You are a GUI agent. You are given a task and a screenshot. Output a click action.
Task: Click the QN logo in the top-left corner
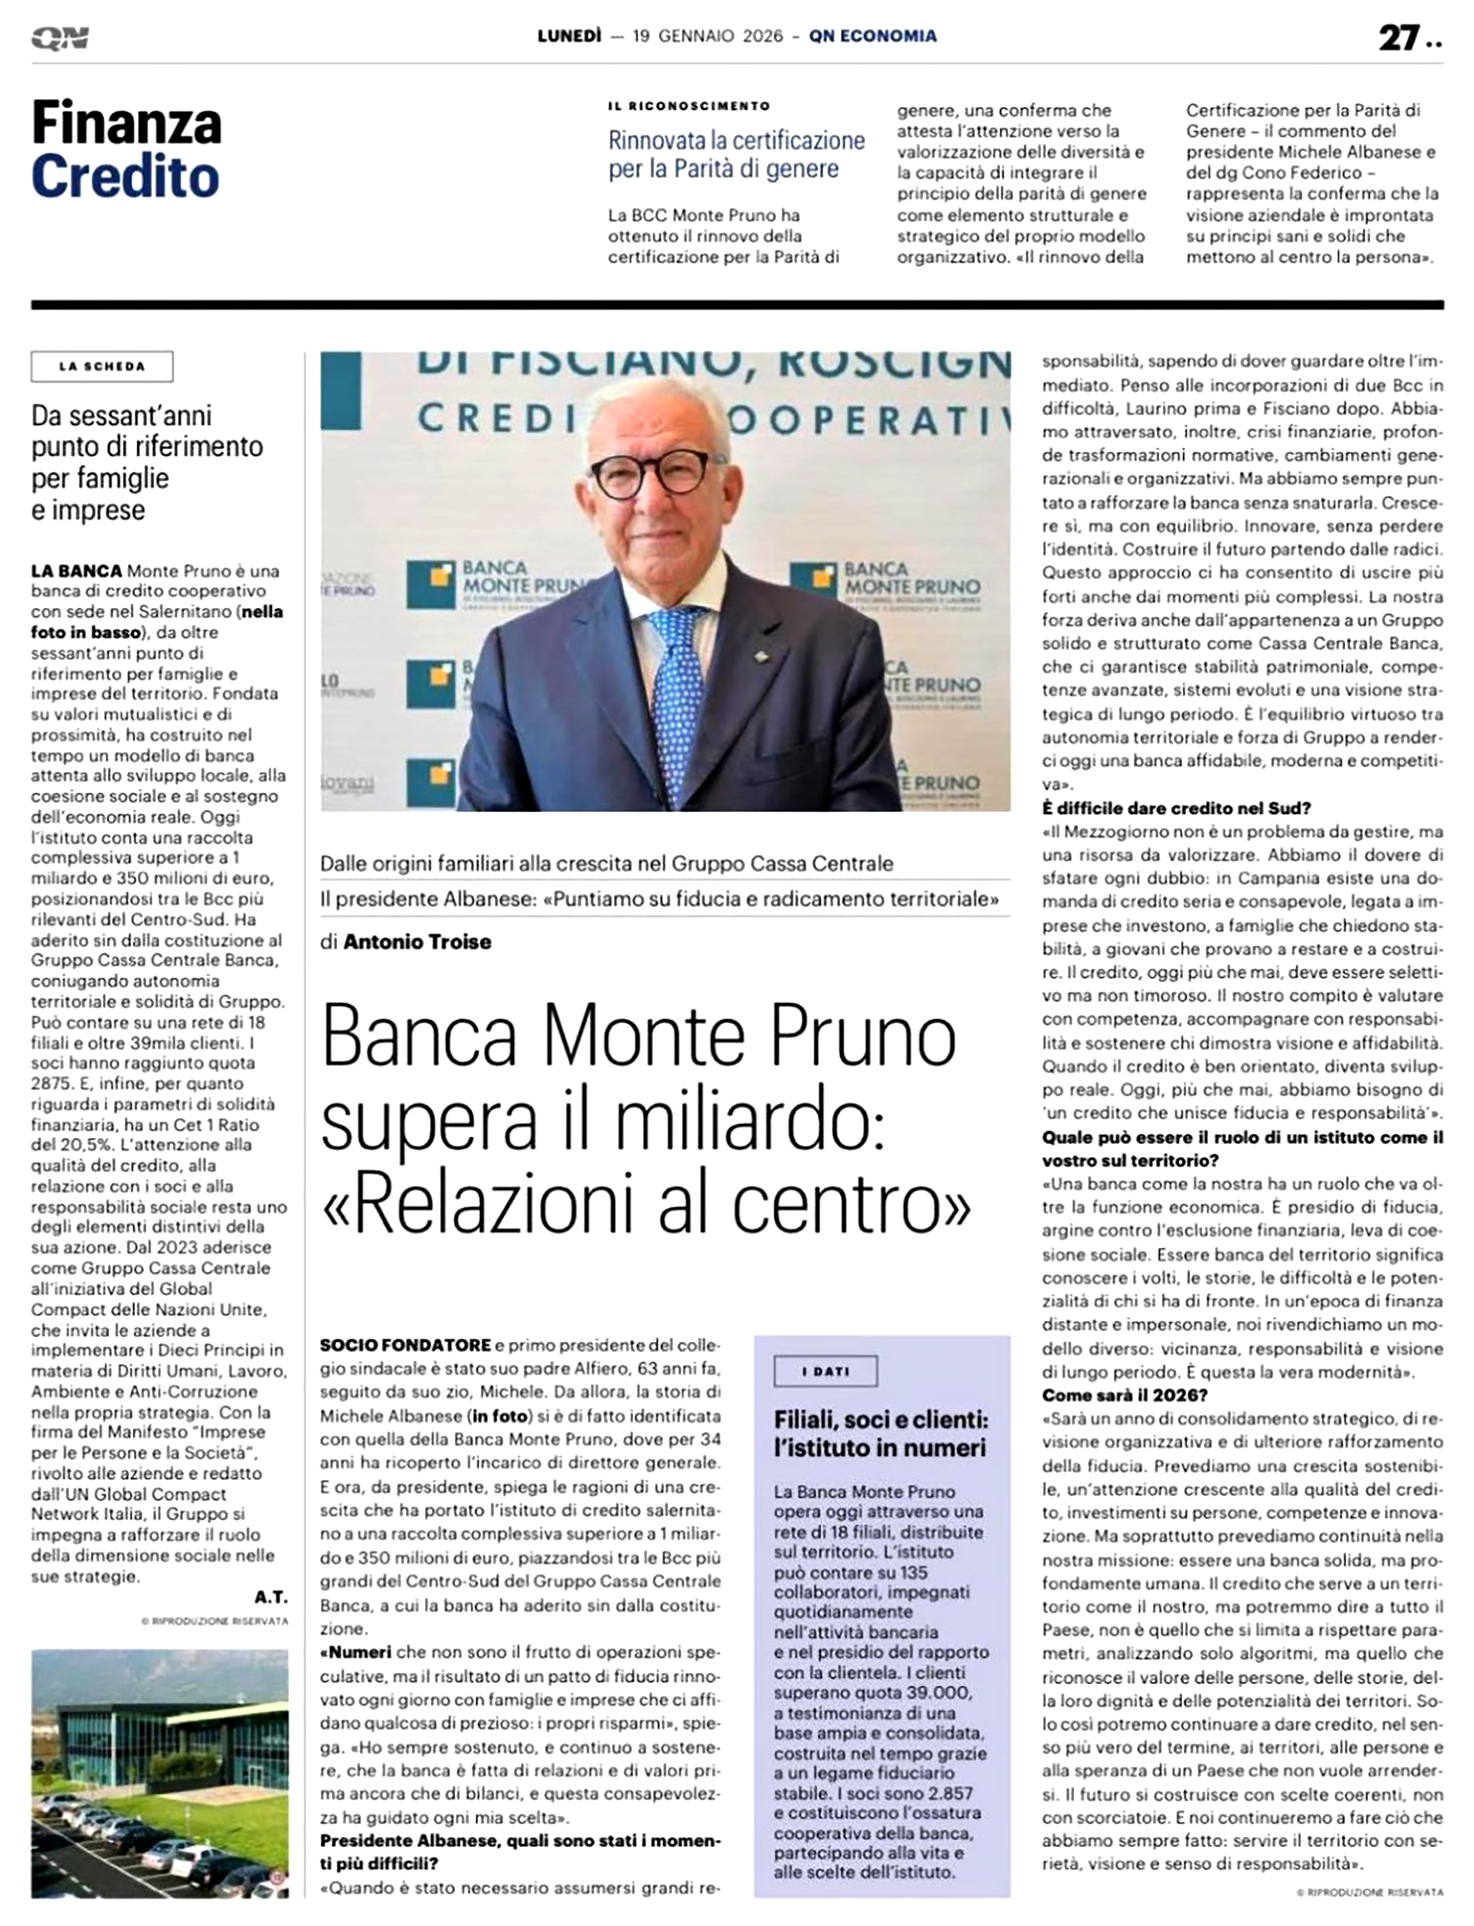coord(60,37)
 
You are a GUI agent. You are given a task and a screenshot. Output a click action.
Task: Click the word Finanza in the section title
coord(126,123)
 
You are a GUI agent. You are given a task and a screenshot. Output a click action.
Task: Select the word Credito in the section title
coord(125,176)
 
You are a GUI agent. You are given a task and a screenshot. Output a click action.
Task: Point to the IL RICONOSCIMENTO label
coord(689,106)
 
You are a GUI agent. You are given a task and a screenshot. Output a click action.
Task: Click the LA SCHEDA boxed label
coord(101,367)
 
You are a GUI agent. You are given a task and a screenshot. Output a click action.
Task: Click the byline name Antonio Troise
coord(417,942)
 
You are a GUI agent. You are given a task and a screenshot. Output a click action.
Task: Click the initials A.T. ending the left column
coord(270,1597)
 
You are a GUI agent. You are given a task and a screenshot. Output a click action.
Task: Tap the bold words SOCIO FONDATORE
coord(404,1345)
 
